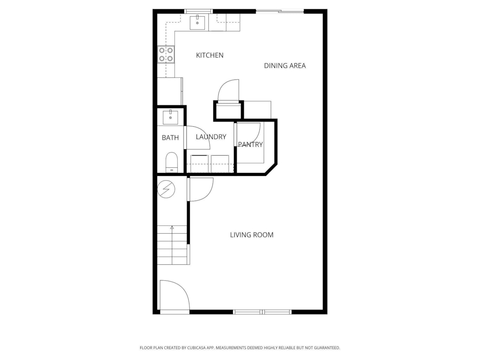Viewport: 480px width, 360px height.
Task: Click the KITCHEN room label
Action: coord(210,55)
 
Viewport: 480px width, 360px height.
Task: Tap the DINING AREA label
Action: coord(285,66)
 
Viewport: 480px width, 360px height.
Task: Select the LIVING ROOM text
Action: coord(252,235)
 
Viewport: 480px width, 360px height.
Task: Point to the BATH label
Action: coord(170,138)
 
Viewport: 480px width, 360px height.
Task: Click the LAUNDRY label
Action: coord(211,137)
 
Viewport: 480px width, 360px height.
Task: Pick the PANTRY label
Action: coord(250,144)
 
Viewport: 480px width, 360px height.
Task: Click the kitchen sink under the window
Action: coord(197,22)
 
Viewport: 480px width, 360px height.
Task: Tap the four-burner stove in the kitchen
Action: coord(166,54)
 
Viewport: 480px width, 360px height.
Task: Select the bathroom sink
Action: coord(171,117)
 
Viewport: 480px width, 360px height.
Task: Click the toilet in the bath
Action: coord(172,162)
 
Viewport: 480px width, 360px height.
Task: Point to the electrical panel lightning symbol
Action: coord(166,189)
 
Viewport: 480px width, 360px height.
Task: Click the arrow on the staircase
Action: coord(172,227)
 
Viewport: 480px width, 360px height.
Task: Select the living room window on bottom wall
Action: coord(262,312)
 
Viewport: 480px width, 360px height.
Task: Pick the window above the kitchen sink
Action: coord(199,11)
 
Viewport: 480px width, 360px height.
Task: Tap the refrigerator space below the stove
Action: coord(169,91)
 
